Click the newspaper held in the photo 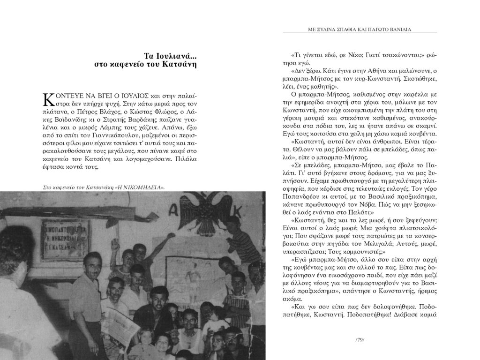tap(120, 323)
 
